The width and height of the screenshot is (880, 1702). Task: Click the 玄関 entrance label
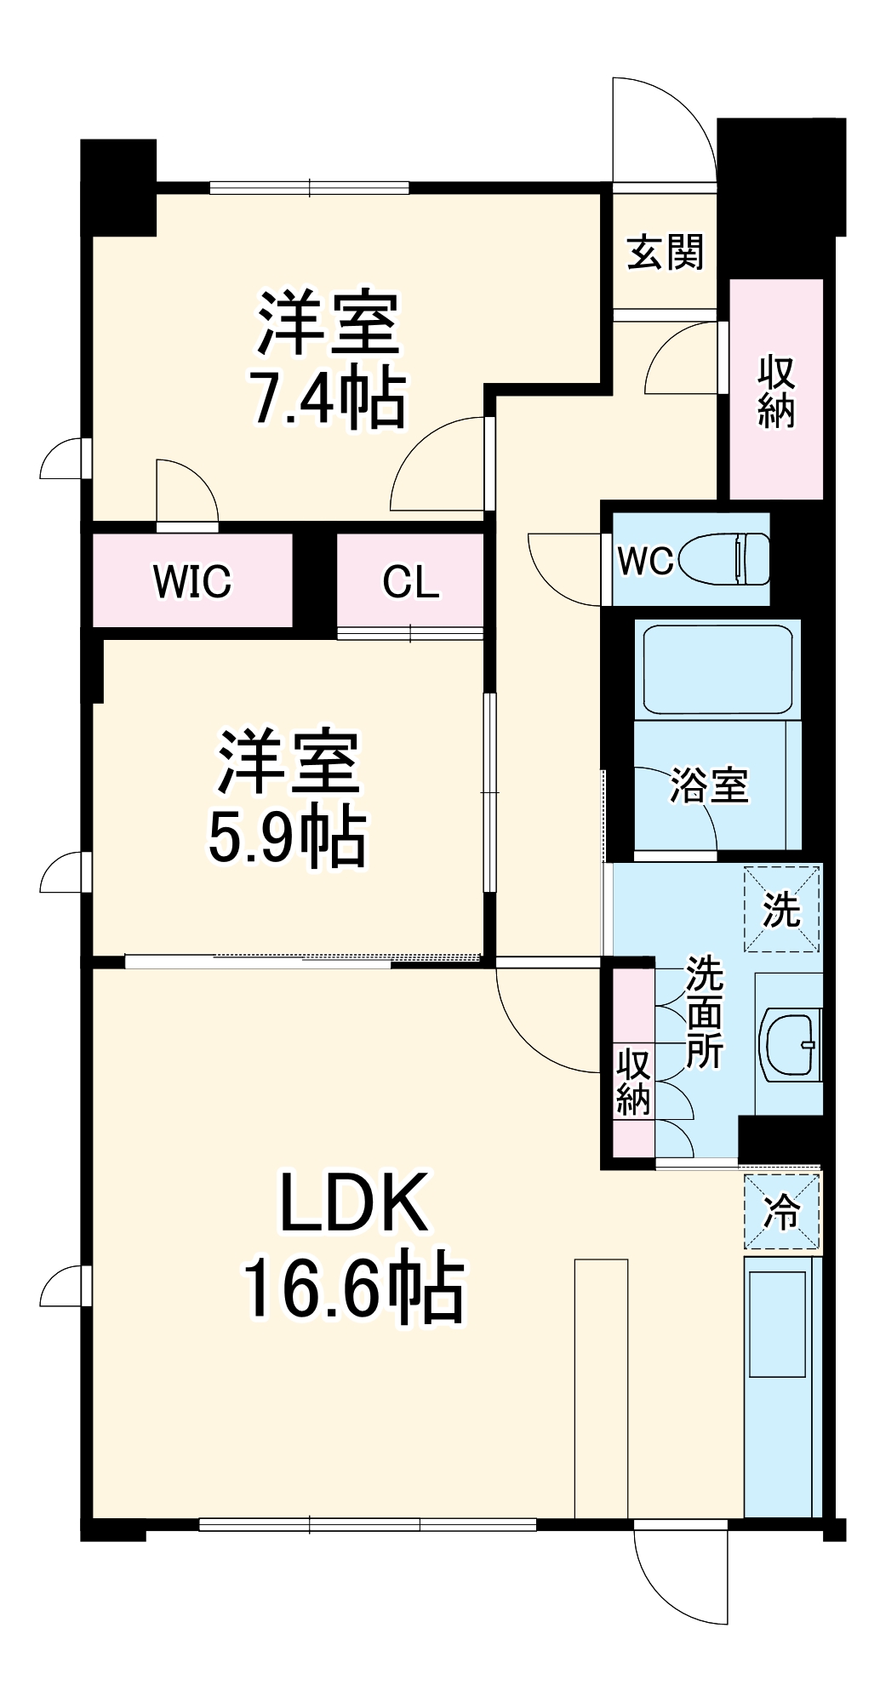pos(666,253)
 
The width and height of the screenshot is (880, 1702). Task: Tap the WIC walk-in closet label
pos(192,581)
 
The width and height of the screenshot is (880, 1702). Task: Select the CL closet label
pos(411,581)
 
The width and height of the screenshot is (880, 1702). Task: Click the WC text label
pos(645,561)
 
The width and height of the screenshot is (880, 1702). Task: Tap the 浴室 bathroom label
pos(709,785)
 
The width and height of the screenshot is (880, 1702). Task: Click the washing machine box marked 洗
pos(782,909)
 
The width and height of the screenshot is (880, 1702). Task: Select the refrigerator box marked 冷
pos(782,1213)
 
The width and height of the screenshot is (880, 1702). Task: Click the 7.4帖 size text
pos(328,398)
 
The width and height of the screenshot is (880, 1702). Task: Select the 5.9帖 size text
pos(288,837)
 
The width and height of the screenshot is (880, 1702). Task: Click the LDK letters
pos(354,1202)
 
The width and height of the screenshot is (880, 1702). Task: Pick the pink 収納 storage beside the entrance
pos(776,390)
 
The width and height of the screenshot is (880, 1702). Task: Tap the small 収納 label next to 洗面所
pos(633,1082)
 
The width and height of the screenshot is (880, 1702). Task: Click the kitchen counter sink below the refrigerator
pos(776,1324)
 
